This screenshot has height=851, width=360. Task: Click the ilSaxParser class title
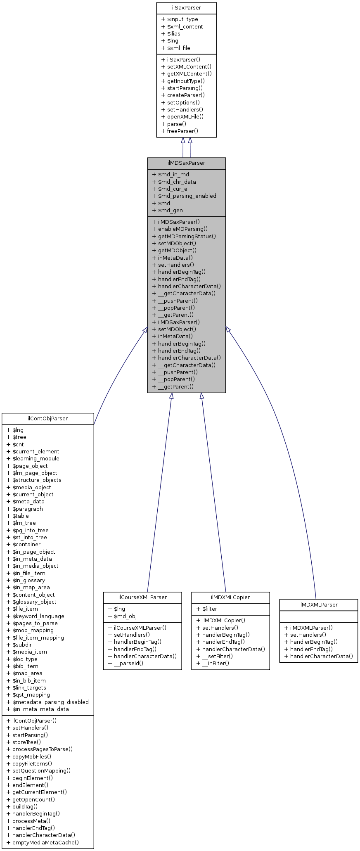click(x=186, y=8)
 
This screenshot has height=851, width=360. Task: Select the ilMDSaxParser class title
click(x=186, y=163)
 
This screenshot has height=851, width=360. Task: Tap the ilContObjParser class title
click(x=47, y=418)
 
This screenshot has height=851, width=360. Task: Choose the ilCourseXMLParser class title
click(x=142, y=597)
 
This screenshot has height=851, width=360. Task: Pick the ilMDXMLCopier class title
click(x=230, y=597)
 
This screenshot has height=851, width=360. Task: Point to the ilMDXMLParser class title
click(x=318, y=604)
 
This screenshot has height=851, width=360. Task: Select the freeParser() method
click(x=182, y=131)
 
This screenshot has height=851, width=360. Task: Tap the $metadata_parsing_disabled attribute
click(x=50, y=702)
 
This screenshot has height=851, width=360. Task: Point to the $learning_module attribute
click(x=36, y=458)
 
